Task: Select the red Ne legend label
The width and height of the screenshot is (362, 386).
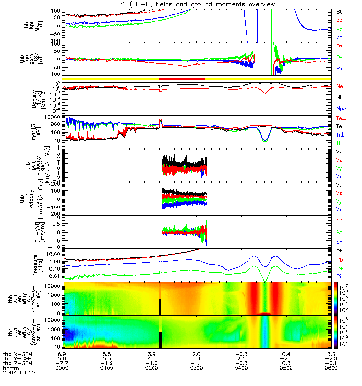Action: (340, 86)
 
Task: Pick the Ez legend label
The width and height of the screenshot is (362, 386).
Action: (340, 220)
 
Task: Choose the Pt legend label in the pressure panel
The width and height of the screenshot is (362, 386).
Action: (339, 252)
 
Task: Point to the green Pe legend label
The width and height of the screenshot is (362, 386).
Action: (340, 267)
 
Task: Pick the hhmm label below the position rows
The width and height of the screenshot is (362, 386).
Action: (9, 368)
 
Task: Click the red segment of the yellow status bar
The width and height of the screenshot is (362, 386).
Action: (182, 78)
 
